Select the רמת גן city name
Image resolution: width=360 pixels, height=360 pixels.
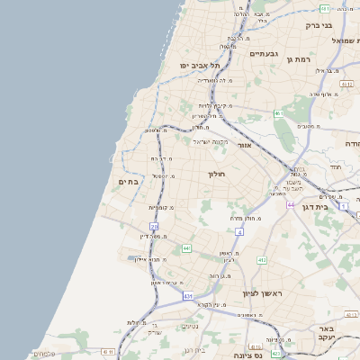(298, 59)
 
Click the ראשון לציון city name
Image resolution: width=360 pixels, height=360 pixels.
(263, 293)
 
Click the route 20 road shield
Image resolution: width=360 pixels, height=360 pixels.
(154, 228)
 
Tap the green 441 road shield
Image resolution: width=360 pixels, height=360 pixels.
(186, 247)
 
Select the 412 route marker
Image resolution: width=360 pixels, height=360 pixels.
(262, 259)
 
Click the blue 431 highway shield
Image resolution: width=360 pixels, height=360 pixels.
(188, 295)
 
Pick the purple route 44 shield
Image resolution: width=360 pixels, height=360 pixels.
(291, 205)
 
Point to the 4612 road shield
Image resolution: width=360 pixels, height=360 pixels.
(346, 85)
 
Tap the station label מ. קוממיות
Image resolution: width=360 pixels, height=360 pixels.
(161, 208)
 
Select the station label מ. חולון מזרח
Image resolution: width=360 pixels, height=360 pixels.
(244, 218)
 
